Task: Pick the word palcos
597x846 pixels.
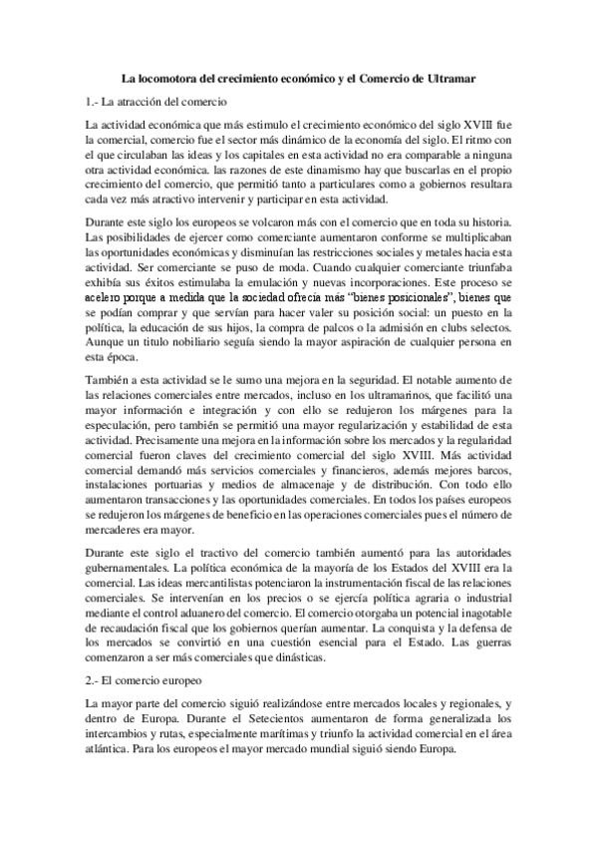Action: click(x=372, y=326)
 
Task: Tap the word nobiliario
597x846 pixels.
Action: click(x=205, y=341)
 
